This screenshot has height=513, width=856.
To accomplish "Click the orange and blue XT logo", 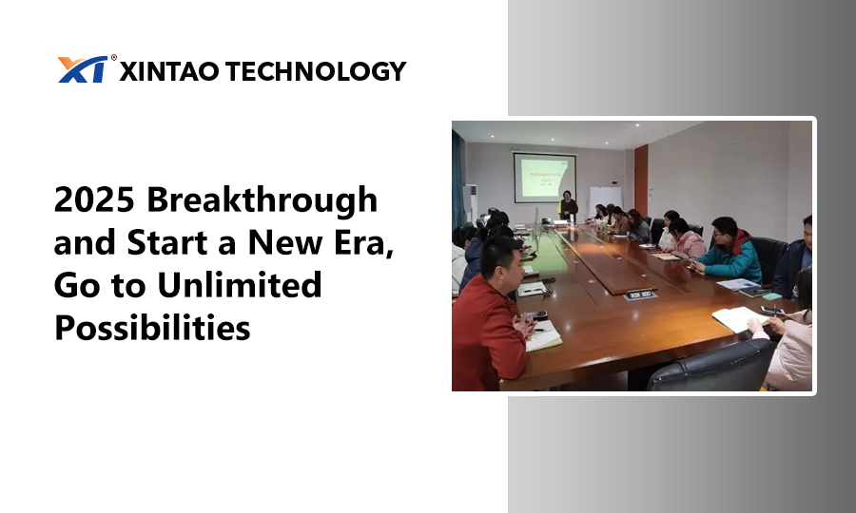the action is [83, 69].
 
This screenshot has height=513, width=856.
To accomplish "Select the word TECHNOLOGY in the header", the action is [316, 71].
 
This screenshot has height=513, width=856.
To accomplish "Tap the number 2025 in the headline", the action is [94, 199].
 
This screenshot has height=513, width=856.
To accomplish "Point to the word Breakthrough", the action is [263, 199].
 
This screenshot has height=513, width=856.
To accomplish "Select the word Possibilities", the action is [152, 328].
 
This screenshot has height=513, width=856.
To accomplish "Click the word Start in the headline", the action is [168, 242].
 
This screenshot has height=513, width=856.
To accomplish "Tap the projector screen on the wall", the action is [544, 178].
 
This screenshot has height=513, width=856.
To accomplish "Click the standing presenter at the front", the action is [567, 205].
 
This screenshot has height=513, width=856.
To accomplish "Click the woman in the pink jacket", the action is [684, 239].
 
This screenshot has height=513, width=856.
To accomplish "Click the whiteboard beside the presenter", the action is [605, 199].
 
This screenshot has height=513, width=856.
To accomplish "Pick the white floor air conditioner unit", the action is [470, 203].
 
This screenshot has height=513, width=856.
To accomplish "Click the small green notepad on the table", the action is [772, 296].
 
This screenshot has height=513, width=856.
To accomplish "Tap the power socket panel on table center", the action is [640, 294].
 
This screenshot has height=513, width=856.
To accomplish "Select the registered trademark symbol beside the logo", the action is [113, 57].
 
